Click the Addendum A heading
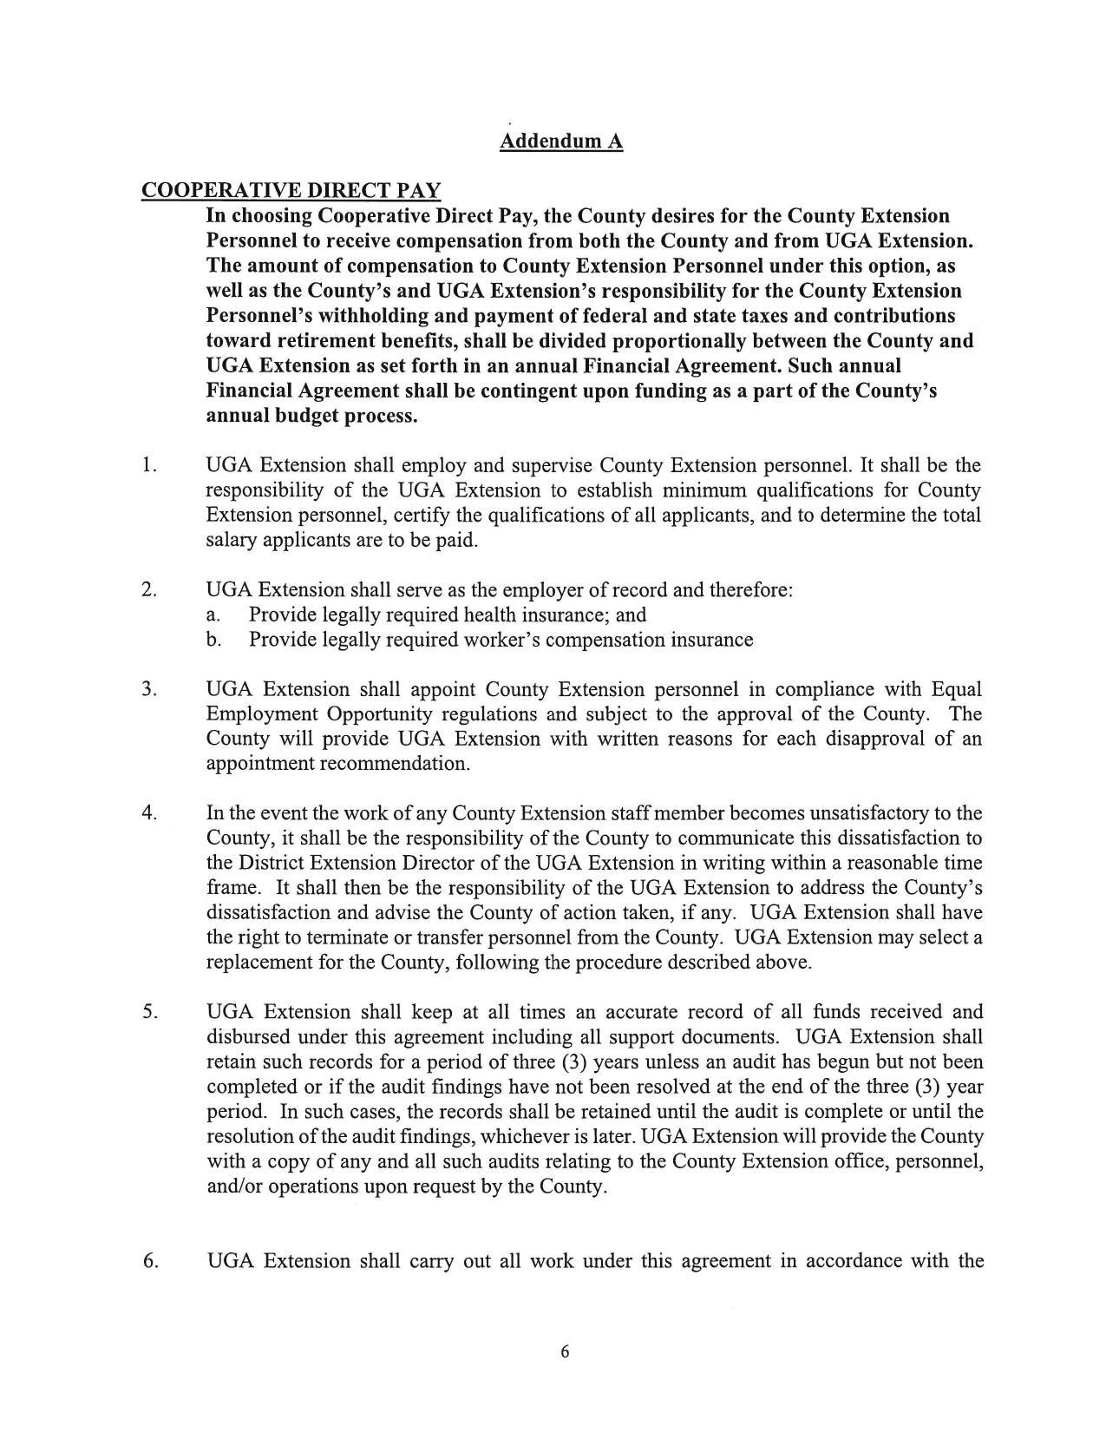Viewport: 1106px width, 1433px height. coord(560,141)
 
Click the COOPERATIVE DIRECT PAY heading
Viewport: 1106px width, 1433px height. coord(291,190)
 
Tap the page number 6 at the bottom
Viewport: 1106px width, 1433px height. coord(565,1351)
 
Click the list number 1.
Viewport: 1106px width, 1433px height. coord(149,465)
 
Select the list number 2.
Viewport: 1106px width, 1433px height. coord(149,590)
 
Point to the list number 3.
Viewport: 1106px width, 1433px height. coord(149,689)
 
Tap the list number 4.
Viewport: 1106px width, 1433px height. coord(149,813)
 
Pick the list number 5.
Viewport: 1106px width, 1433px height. coord(149,1012)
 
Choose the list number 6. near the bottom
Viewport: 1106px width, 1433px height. coord(150,1261)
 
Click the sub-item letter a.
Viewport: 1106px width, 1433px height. coord(213,615)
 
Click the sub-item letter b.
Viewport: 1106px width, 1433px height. coord(213,641)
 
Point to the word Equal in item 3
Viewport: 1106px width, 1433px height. coord(956,689)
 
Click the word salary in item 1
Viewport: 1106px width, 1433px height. coord(231,541)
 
